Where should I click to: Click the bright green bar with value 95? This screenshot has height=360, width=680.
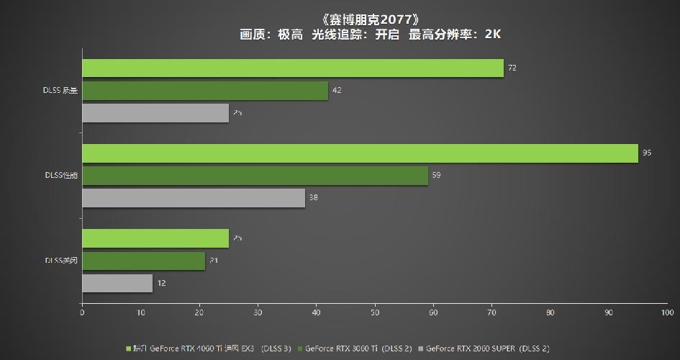coord(360,153)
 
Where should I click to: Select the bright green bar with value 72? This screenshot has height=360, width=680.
coord(293,68)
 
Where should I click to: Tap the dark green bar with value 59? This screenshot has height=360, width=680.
coord(255,176)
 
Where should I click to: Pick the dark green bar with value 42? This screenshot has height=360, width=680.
coord(205,91)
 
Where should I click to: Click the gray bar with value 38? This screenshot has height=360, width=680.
coord(194,198)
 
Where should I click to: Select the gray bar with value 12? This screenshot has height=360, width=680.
coord(117,283)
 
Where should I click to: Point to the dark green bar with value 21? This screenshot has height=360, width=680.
coord(143,261)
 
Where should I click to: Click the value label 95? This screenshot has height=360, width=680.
coord(646,153)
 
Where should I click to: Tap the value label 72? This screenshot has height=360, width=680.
coord(512,68)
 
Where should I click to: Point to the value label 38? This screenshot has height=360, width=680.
coord(314,198)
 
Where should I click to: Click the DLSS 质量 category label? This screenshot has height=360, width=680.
coord(60,91)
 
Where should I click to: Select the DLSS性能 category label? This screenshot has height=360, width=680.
coord(60,176)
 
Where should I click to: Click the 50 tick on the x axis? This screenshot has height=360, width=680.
coord(375,313)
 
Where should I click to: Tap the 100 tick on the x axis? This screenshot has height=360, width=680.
coord(666,313)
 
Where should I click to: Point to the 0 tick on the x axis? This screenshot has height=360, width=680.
coord(82,313)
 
